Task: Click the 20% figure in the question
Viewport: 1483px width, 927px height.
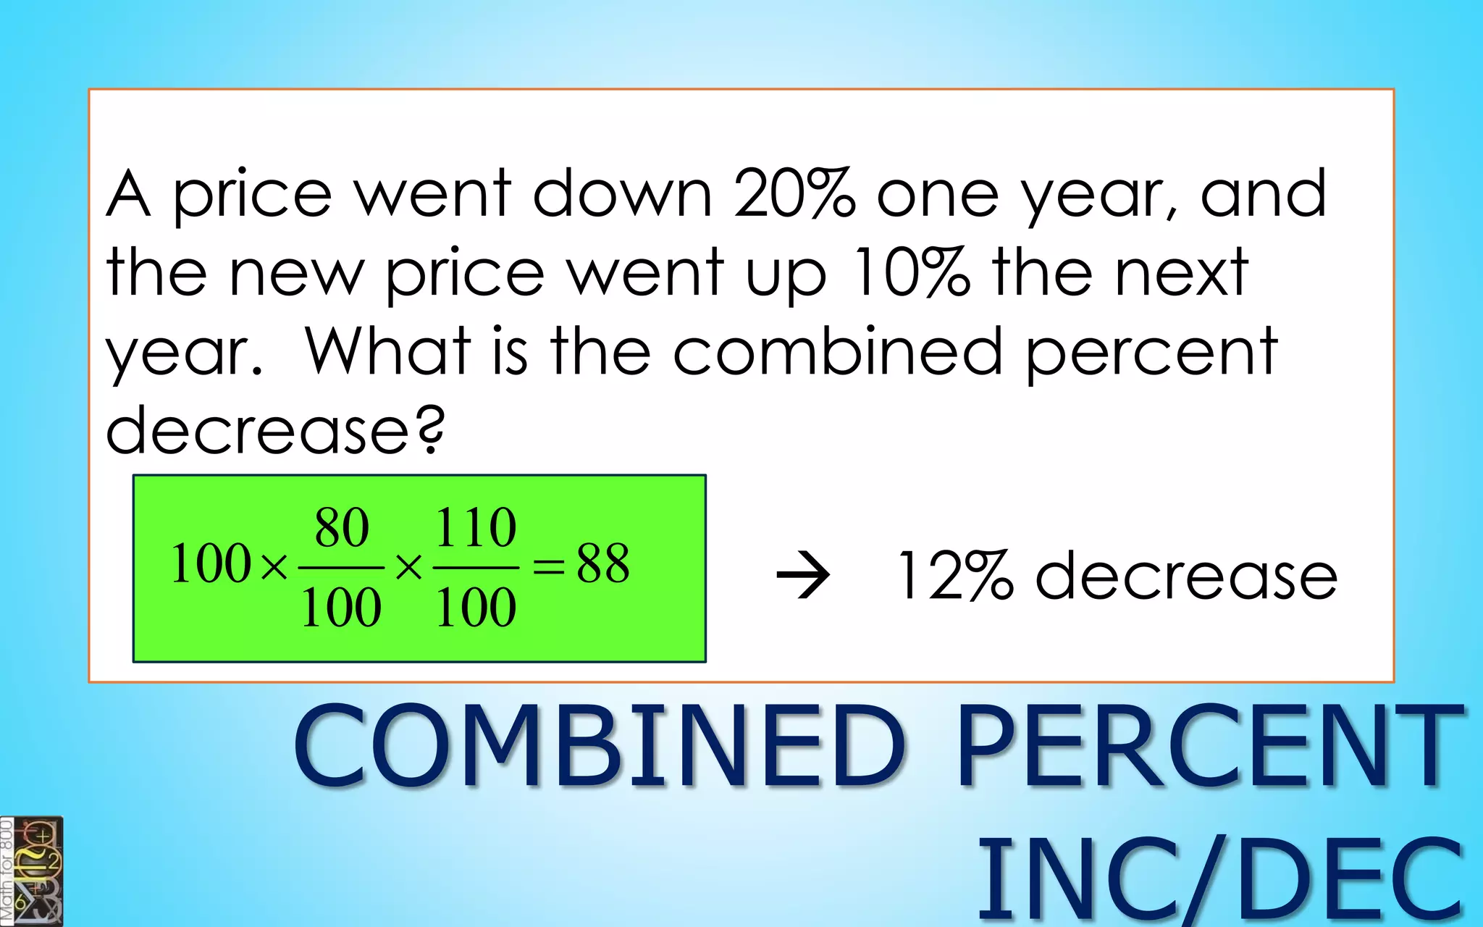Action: click(x=794, y=193)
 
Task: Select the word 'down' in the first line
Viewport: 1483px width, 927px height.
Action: click(x=622, y=193)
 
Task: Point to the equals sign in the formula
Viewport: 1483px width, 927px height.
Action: click(x=548, y=566)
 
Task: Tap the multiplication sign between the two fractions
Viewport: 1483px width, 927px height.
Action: click(x=408, y=567)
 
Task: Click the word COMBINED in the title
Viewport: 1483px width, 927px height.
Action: click(x=599, y=746)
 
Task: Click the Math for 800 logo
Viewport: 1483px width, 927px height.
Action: click(x=32, y=871)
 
